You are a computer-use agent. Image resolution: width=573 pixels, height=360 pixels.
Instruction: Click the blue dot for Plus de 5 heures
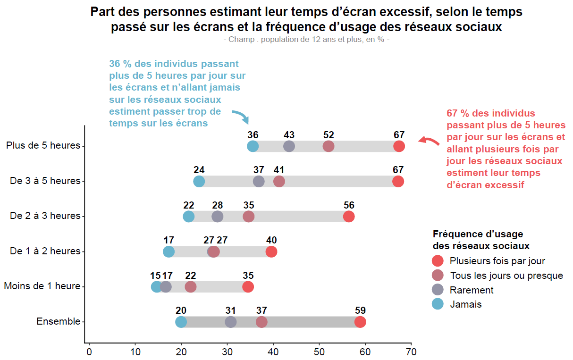pos(253,146)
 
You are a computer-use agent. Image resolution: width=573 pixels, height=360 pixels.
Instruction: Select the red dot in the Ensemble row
pos(360,322)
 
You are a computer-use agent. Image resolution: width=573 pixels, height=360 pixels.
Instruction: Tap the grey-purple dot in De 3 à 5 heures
pos(259,181)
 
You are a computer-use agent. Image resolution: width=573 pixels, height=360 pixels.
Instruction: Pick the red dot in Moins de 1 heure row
pos(248,286)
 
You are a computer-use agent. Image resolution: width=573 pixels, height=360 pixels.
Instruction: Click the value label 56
pos(349,205)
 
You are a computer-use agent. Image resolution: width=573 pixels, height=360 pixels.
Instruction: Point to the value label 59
pos(360,310)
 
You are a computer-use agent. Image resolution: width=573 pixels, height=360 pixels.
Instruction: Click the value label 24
pos(199,170)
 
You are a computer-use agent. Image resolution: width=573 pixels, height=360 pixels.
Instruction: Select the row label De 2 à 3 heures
pos(45,216)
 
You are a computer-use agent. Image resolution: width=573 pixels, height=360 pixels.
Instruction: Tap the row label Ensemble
pos(59,321)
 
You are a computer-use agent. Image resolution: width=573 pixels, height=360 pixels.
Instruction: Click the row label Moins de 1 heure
pos(42,286)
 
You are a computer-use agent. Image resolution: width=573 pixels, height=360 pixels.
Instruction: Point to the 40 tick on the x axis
pos(273,352)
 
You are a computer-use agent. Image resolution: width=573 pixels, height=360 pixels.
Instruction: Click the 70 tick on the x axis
pos(411,352)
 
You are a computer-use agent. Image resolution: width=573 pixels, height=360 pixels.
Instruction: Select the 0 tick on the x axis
pos(89,352)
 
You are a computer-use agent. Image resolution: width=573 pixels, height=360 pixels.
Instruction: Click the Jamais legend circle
pos(438,304)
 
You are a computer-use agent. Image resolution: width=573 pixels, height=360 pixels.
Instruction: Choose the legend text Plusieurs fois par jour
pos(497,261)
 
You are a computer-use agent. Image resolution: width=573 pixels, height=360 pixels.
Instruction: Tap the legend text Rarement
pos(472,290)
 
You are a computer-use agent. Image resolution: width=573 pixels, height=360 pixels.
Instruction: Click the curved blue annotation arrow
pos(241,116)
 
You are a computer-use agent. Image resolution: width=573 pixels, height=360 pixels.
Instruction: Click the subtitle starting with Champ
pos(306,40)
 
